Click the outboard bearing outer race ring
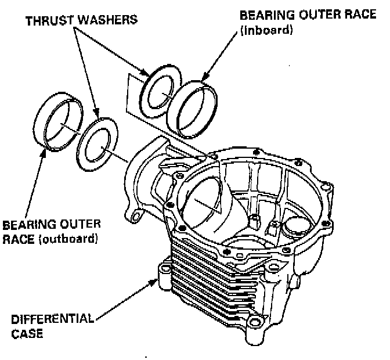[x=60, y=124]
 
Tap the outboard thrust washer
[x=98, y=145]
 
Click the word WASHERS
[x=112, y=20]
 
